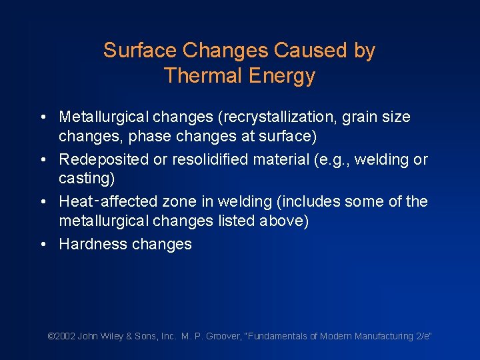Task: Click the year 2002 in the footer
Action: pyautogui.click(x=64, y=337)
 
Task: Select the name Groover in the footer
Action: pyautogui.click(x=226, y=337)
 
